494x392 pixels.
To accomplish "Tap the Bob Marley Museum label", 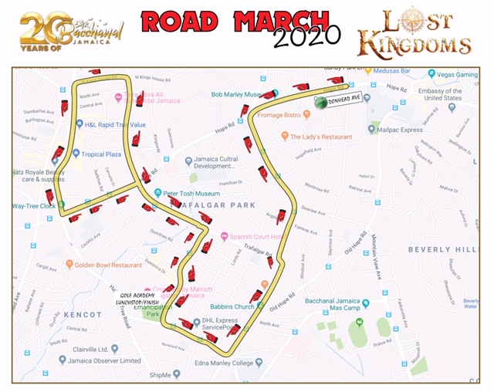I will click(239, 95).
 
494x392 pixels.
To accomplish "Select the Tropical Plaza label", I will click(103, 154).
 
